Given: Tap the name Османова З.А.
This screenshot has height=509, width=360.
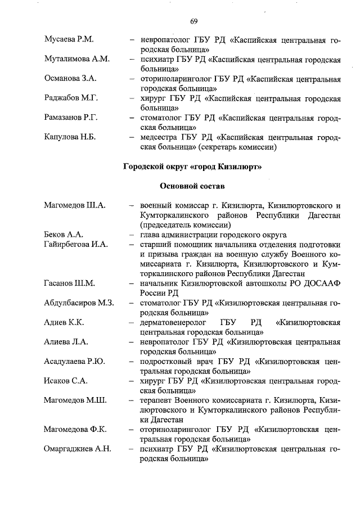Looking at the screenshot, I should pyautogui.click(x=70, y=78).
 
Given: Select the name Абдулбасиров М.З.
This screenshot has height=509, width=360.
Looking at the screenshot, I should pyautogui.click(x=79, y=303).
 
